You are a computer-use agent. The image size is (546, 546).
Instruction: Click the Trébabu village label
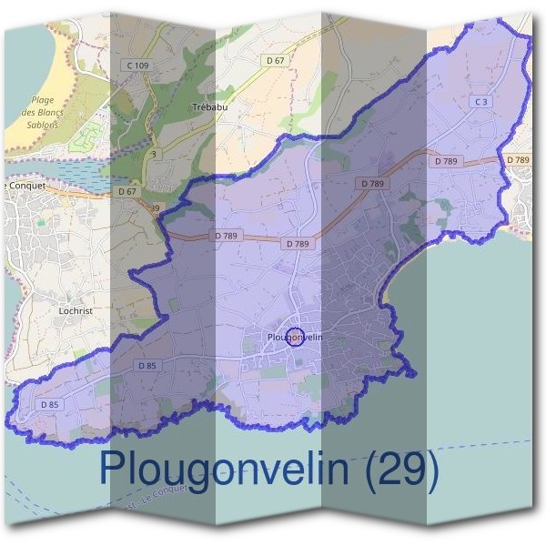(x=208, y=107)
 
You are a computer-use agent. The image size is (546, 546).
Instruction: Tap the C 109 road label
(x=138, y=66)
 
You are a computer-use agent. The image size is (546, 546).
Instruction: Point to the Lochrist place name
(x=74, y=310)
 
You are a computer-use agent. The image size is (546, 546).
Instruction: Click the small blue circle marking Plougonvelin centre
(x=295, y=337)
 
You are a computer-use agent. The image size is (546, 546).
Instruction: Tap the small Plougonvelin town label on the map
(x=294, y=338)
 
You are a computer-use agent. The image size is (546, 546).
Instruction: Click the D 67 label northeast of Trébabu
(x=276, y=60)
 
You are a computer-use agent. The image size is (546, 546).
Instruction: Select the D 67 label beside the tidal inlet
(x=127, y=192)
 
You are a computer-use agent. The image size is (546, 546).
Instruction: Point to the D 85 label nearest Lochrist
(x=147, y=365)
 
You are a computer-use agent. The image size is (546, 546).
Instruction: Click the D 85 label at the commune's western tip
(x=50, y=404)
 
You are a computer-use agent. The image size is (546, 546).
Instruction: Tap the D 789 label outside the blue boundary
(x=517, y=160)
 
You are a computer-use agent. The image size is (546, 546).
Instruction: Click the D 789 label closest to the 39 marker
(x=227, y=236)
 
